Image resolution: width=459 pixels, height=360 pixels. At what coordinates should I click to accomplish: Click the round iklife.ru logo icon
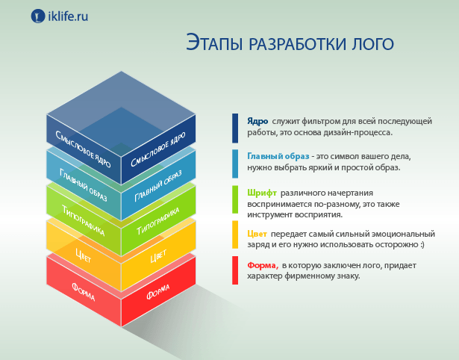38,16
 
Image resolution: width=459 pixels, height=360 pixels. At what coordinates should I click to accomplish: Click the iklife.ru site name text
68,16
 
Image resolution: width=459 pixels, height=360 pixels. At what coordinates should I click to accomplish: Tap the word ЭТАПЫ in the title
214,43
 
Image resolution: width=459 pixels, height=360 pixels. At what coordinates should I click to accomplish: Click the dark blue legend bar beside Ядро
235,128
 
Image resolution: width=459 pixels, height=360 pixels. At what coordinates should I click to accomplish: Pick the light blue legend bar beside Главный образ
235,164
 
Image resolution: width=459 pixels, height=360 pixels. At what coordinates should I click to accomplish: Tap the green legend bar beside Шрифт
235,199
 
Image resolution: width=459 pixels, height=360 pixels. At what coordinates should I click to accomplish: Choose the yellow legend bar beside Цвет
235,235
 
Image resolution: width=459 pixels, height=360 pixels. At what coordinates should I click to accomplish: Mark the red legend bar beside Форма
235,270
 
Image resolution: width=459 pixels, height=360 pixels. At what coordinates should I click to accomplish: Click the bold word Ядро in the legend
257,121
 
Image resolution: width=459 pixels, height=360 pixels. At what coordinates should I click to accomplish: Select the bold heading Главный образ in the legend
278,156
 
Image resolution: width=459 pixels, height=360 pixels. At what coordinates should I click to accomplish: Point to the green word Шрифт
262,193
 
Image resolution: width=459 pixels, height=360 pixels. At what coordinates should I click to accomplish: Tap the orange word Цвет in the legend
257,234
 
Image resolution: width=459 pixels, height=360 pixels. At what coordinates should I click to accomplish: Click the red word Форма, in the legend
263,265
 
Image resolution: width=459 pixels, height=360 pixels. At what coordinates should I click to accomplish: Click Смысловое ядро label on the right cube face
158,149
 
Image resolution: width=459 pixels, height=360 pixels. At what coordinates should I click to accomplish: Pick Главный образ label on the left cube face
83,185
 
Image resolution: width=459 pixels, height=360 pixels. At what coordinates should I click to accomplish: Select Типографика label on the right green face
158,221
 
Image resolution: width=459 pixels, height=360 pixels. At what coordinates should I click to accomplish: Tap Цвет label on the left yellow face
83,255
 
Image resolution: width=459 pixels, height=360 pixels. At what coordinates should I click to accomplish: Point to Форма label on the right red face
158,292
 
